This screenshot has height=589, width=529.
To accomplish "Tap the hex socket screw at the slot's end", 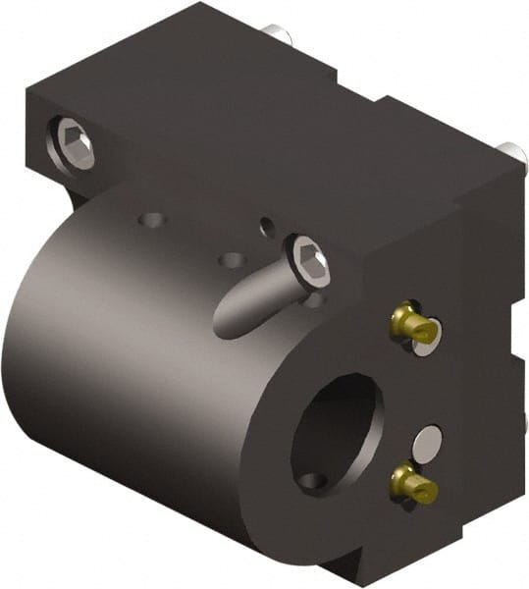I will tap(309, 262).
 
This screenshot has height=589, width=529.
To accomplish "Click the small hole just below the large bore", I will tap(312, 482).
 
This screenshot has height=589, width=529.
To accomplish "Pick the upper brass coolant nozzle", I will tap(411, 324).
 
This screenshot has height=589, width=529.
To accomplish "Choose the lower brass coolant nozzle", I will tap(412, 482).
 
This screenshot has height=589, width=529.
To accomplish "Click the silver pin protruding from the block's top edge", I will tap(279, 34).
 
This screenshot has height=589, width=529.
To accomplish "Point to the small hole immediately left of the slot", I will tap(233, 261).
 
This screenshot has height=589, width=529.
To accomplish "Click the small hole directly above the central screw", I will tap(267, 227).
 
